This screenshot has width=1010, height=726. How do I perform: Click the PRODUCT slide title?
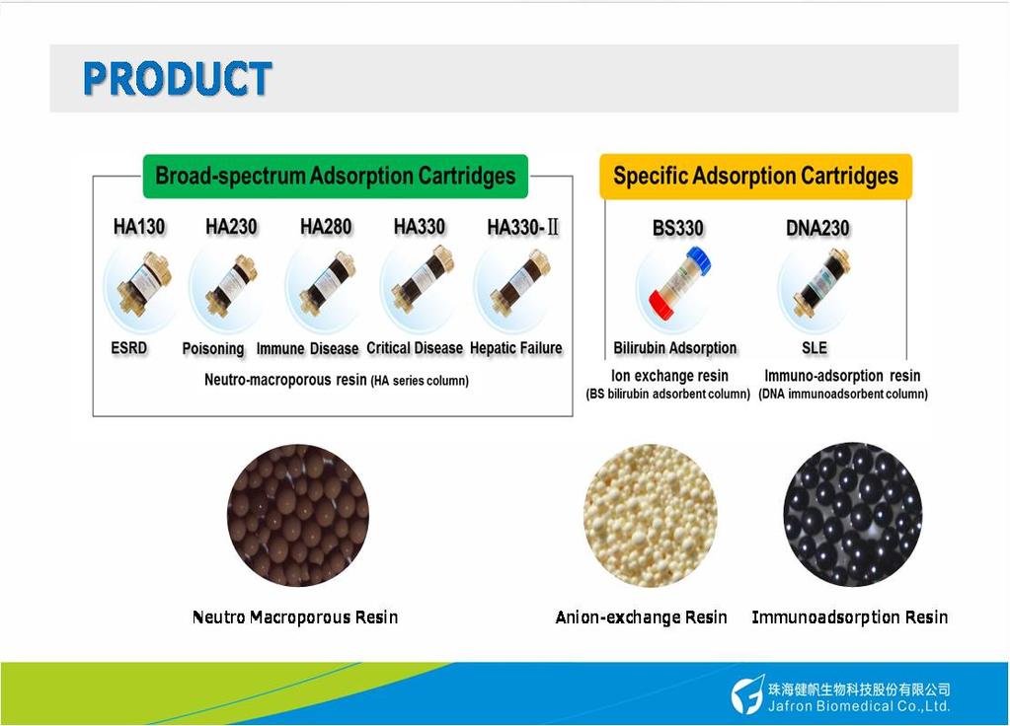[x=177, y=79]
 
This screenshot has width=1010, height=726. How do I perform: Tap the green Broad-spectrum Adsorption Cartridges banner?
[x=335, y=176]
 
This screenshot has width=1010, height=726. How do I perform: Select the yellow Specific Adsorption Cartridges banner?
[x=755, y=176]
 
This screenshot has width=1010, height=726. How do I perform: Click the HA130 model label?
[x=139, y=227]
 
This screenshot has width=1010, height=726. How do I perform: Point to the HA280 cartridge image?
[x=327, y=283]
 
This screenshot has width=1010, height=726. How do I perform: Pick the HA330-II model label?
[x=523, y=227]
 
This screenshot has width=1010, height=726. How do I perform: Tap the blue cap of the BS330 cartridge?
[x=699, y=260]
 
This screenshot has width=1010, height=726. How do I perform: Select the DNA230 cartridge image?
[x=820, y=282]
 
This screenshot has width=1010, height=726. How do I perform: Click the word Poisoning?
[x=213, y=349]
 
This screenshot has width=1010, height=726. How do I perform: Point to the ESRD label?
[x=128, y=348]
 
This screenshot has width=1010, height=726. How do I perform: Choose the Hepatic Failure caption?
[x=516, y=348]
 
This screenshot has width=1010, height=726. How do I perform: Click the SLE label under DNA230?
[x=815, y=348]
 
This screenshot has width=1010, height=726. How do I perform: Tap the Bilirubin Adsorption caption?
[x=675, y=348]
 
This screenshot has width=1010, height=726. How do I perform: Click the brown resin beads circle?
[x=298, y=515]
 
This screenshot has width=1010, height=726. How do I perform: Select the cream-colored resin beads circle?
[x=651, y=515]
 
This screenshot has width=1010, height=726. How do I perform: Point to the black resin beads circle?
[x=852, y=514]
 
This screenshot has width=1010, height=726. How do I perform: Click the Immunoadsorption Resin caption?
[x=850, y=617]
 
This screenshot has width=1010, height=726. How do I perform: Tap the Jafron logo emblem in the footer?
[x=747, y=695]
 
